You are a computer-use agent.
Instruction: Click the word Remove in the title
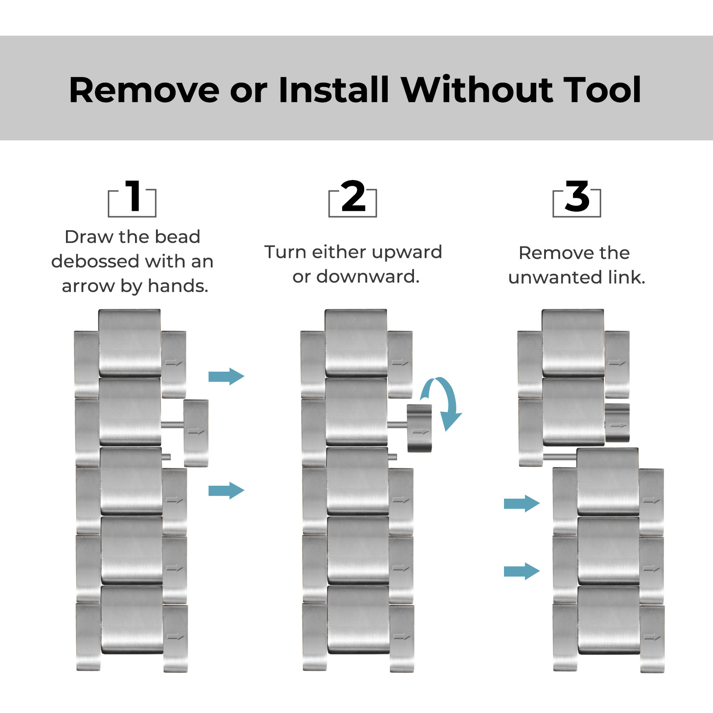click(144, 90)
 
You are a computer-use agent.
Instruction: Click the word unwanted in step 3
click(555, 278)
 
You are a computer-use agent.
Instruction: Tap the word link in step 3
click(627, 277)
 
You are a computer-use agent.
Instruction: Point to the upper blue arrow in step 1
click(226, 377)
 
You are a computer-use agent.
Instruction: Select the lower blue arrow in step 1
click(226, 491)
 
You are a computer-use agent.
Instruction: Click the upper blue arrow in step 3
click(522, 504)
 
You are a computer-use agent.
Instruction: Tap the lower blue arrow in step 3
click(522, 571)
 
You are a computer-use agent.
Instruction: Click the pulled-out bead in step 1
click(196, 433)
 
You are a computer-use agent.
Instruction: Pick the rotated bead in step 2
click(419, 428)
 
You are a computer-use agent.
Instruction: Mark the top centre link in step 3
click(573, 343)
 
